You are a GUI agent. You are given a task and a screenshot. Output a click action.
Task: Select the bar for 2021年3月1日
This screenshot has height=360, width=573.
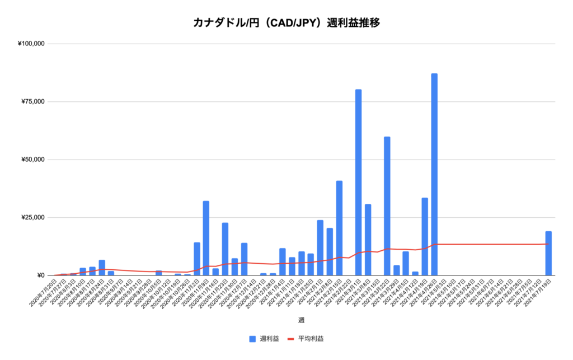[358, 182]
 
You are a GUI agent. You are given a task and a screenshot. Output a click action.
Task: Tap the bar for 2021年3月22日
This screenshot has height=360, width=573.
[387, 205]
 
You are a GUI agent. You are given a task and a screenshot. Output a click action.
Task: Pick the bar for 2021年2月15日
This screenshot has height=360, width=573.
[339, 228]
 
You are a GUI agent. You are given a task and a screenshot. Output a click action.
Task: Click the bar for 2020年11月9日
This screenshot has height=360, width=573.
[206, 238]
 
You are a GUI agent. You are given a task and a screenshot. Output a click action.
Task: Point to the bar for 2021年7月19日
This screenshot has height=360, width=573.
[548, 253]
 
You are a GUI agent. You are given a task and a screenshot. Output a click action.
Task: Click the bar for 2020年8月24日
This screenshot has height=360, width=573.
[102, 268]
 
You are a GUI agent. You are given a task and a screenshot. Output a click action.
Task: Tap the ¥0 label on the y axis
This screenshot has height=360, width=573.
[40, 275]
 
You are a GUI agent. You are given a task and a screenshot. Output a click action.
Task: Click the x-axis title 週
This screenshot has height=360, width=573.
[300, 320]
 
